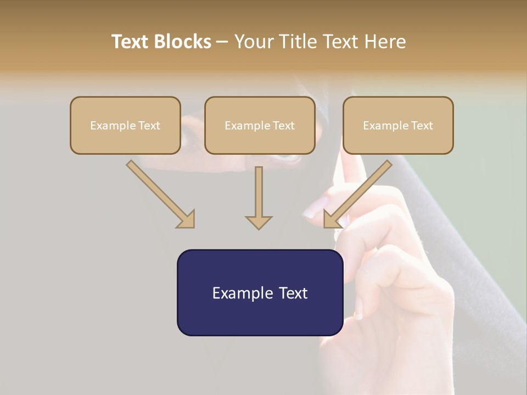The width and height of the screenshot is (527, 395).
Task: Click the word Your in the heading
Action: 255,42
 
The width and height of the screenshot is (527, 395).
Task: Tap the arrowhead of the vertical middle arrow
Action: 259,222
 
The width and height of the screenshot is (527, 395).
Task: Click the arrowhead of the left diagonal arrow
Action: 187,219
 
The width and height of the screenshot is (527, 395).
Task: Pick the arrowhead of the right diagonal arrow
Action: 331,219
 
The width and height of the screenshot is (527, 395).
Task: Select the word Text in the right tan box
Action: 422,126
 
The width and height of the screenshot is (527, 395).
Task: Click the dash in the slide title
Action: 223,42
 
